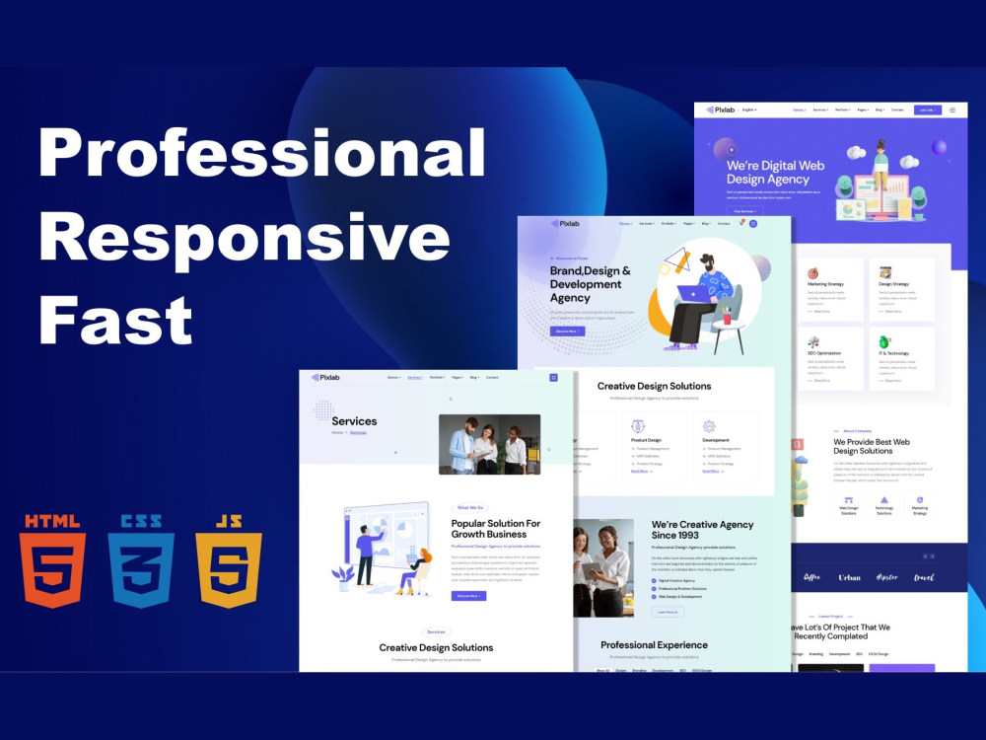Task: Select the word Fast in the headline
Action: [114, 320]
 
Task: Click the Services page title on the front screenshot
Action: [354, 421]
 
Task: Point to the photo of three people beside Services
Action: [489, 444]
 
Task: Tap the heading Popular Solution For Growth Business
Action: [496, 529]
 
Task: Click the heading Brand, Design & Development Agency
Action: [591, 284]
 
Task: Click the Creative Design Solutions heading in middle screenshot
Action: [654, 386]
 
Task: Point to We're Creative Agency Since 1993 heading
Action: [702, 530]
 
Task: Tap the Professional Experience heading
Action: [654, 645]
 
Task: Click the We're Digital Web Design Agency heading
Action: [775, 173]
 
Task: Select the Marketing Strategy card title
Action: [826, 284]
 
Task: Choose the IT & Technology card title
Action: [893, 353]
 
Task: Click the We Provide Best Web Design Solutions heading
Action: [872, 446]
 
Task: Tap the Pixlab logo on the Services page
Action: [326, 377]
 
